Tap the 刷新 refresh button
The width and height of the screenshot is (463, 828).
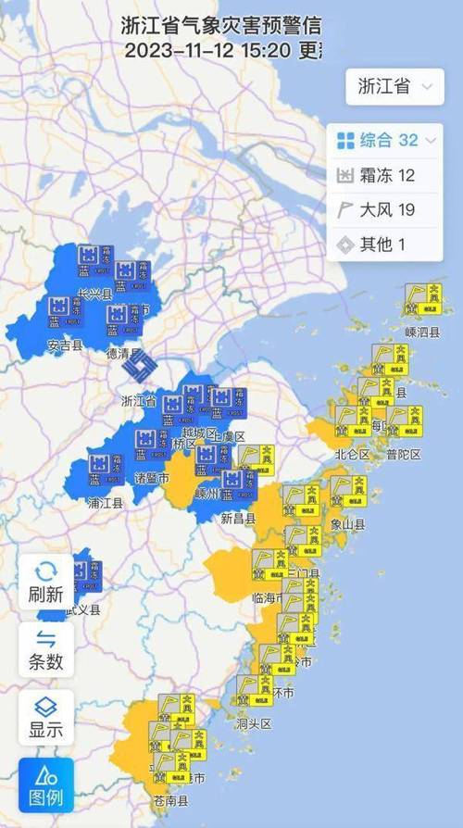click(x=46, y=581)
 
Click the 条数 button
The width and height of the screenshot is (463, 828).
click(x=46, y=648)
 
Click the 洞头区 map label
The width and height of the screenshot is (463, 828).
click(x=253, y=723)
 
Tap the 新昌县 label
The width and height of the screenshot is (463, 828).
click(x=238, y=519)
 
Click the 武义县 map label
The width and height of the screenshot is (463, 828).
click(x=82, y=609)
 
